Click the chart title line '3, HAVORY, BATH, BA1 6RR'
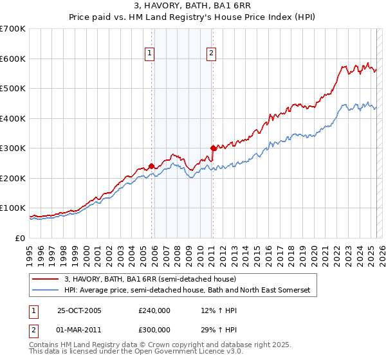(x=193, y=7)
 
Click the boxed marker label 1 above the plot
(x=149, y=54)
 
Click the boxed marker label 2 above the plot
(x=211, y=54)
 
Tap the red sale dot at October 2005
(x=152, y=166)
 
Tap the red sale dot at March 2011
(x=213, y=148)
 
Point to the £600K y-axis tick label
(x=13, y=59)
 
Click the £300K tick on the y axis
(x=13, y=148)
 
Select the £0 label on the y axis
(x=20, y=238)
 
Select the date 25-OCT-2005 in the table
(x=80, y=310)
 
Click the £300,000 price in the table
(x=154, y=328)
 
